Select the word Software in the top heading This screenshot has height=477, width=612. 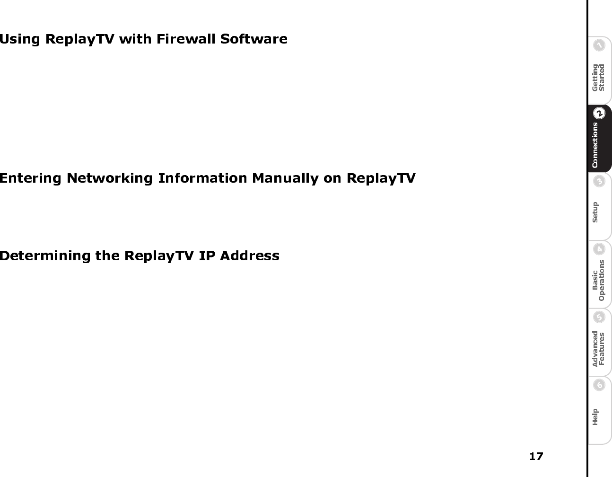click(254, 39)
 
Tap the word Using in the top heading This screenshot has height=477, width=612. click(20, 39)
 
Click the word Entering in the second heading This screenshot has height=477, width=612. click(30, 178)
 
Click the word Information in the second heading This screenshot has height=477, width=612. click(202, 178)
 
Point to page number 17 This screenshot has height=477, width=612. click(536, 456)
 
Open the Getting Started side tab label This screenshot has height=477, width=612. click(598, 77)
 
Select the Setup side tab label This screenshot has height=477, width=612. click(595, 212)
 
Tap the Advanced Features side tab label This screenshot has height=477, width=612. click(598, 348)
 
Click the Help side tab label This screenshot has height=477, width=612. click(595, 416)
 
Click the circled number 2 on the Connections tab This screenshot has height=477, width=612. click(599, 114)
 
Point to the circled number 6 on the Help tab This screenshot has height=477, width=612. click(599, 385)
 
